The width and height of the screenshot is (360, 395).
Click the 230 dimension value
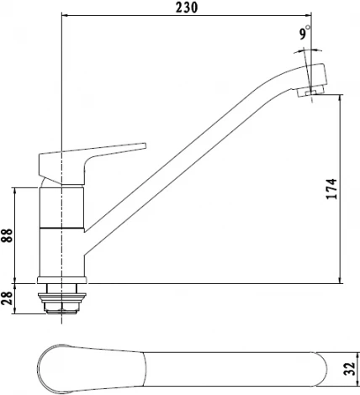[187, 8]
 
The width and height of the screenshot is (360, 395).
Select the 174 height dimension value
[331, 189]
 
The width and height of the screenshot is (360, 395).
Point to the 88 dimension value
[7, 235]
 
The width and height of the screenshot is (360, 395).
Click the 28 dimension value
[7, 298]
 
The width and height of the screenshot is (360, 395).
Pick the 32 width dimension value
[349, 369]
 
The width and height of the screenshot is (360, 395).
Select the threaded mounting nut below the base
[62, 298]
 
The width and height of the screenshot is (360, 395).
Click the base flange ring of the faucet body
[62, 280]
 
